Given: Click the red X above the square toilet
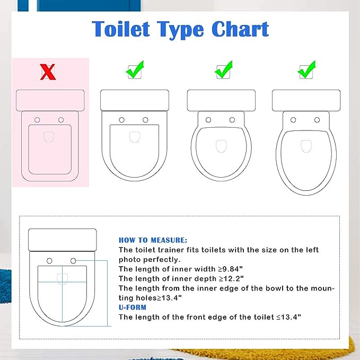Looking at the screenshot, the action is coord(48,72).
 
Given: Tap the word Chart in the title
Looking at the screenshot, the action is coord(240,29).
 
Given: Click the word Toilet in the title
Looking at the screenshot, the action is coord(121,29).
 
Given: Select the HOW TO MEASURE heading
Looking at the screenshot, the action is coord(153,240).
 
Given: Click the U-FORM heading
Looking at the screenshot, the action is coord(133,307).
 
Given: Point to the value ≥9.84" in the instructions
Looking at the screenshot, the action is coord(230,269).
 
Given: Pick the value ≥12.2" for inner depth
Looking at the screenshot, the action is coord(231,278).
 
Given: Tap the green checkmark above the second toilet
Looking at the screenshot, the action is coord(135,69).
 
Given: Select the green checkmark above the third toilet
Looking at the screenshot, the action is coord(224,69).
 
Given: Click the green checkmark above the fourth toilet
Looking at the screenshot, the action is coord(306,69).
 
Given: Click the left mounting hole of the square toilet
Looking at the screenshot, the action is coord(37,120).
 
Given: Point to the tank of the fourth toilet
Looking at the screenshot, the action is coord(306,101).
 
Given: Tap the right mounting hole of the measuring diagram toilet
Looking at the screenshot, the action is coord(73,261).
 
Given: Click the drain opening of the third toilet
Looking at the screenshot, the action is coord(221,146).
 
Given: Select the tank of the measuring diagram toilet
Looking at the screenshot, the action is coord(63,240).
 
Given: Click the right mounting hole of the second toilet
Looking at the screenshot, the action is coord(145,120).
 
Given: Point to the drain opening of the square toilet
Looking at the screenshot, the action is coord(49,137).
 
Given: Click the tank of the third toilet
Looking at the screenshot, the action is coord(221,101).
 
